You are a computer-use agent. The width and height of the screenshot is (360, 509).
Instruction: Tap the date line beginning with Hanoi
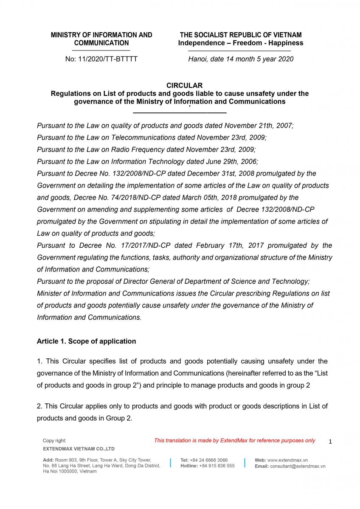tap(241, 59)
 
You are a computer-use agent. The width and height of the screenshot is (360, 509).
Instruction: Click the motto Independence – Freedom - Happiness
tap(240, 43)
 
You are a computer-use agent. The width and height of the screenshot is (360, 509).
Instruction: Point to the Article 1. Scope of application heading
tap(86, 341)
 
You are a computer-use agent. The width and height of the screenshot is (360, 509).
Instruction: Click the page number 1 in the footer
tap(330, 442)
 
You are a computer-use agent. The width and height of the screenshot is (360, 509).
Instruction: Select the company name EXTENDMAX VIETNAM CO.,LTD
tap(79, 449)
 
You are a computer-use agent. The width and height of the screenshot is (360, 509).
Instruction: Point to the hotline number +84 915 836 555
tap(217, 466)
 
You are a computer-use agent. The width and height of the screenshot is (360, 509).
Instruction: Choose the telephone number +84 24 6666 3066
tap(209, 460)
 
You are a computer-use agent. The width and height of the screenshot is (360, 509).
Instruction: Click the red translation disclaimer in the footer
tap(234, 441)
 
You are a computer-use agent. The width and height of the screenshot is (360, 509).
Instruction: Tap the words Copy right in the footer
tap(54, 441)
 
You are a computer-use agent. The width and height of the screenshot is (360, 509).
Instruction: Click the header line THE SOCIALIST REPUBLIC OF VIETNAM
tap(240, 35)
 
